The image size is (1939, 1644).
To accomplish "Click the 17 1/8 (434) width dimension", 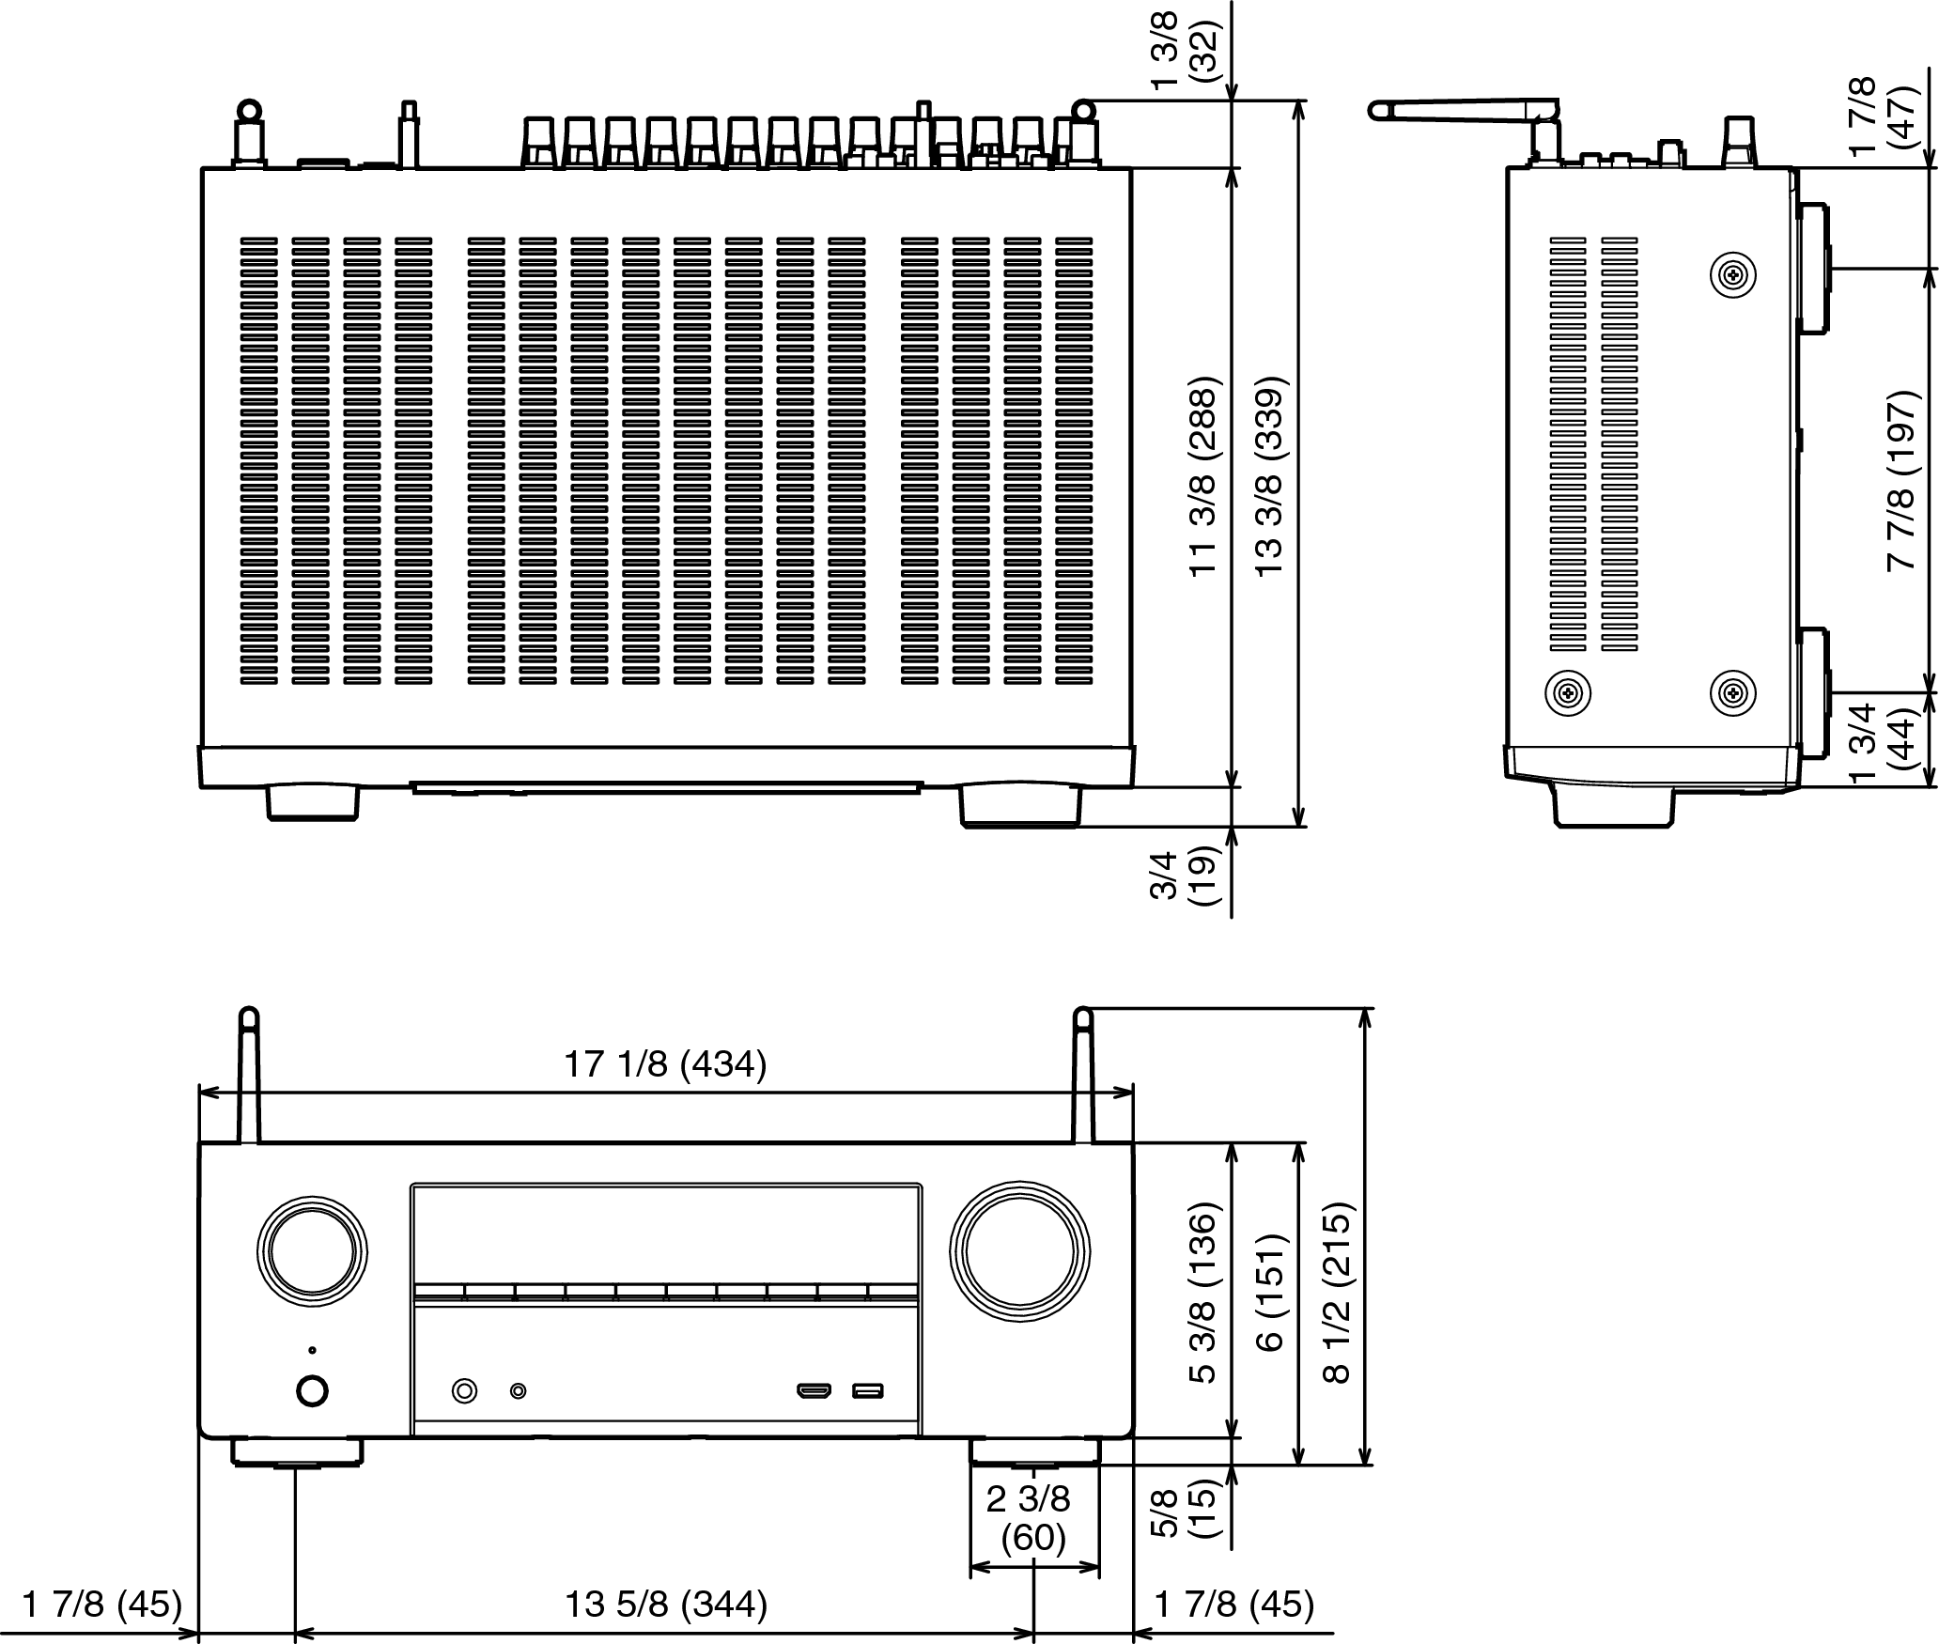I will pos(665,1065).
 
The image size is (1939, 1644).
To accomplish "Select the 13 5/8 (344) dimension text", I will pos(665,1604).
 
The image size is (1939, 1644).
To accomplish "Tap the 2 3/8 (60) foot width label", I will pos(1032,1518).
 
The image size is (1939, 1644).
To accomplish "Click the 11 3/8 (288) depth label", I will pos(1204,477).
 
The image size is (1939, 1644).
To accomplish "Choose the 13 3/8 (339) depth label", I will pos(1270,477).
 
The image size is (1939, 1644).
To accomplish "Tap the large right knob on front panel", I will pos(1019,1252).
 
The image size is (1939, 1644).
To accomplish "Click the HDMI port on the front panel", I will pos(814,1390).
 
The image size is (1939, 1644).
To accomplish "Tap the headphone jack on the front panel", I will pos(464,1390).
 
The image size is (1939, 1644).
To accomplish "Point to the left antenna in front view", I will pos(248,1076).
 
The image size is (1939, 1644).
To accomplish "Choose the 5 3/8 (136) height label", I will pos(1204,1293).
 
